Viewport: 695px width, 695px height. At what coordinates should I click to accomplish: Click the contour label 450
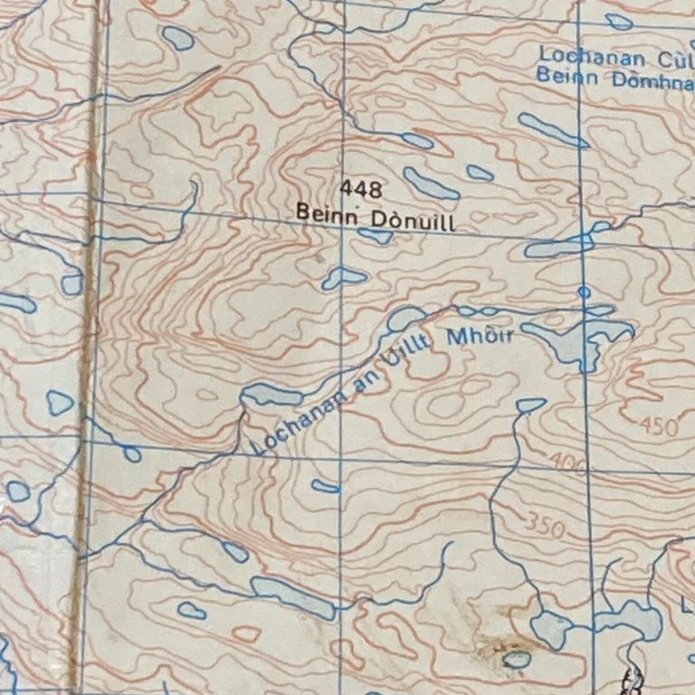pyautogui.click(x=659, y=426)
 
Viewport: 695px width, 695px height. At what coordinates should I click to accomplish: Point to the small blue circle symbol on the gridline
pyautogui.click(x=584, y=292)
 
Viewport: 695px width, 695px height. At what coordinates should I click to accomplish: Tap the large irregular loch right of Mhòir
pyautogui.click(x=576, y=338)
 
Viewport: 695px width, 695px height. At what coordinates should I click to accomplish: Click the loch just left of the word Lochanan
pyautogui.click(x=271, y=395)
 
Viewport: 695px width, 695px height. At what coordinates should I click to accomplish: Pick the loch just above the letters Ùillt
pyautogui.click(x=405, y=318)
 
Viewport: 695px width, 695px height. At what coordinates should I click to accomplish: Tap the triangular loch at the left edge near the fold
pyautogui.click(x=60, y=402)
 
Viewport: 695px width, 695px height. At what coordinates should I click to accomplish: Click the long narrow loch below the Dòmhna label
pyautogui.click(x=552, y=130)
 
